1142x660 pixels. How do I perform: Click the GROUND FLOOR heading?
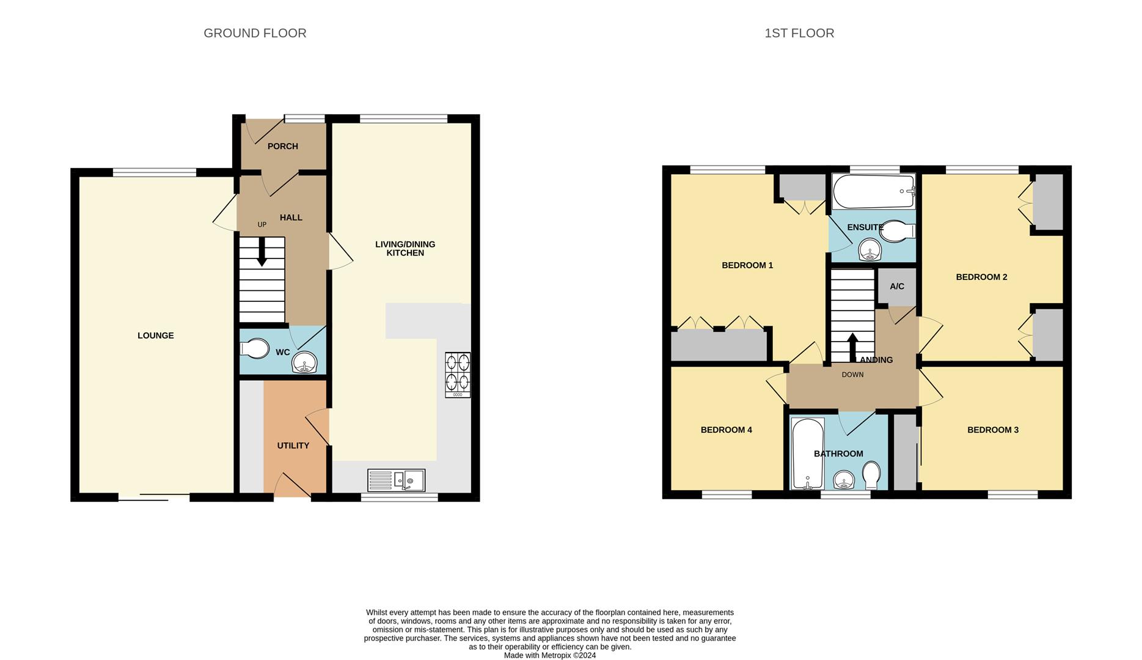point(255,33)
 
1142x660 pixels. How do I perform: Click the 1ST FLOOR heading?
point(799,33)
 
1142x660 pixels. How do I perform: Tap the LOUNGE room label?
point(155,335)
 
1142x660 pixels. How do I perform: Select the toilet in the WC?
point(255,349)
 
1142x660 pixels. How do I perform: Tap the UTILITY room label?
point(293,446)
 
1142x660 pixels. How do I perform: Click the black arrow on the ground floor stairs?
point(262,252)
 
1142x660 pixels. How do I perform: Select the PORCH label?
point(283,146)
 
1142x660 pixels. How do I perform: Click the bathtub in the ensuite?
point(874,191)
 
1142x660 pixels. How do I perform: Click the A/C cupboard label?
point(896,287)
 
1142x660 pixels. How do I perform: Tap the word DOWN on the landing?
point(852,375)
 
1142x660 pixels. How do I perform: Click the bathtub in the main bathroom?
point(807,453)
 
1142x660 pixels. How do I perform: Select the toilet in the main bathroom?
point(872,474)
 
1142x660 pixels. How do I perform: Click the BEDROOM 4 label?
point(726,430)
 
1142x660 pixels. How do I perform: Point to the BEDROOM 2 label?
point(981,277)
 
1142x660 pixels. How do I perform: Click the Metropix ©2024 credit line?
point(549,655)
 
